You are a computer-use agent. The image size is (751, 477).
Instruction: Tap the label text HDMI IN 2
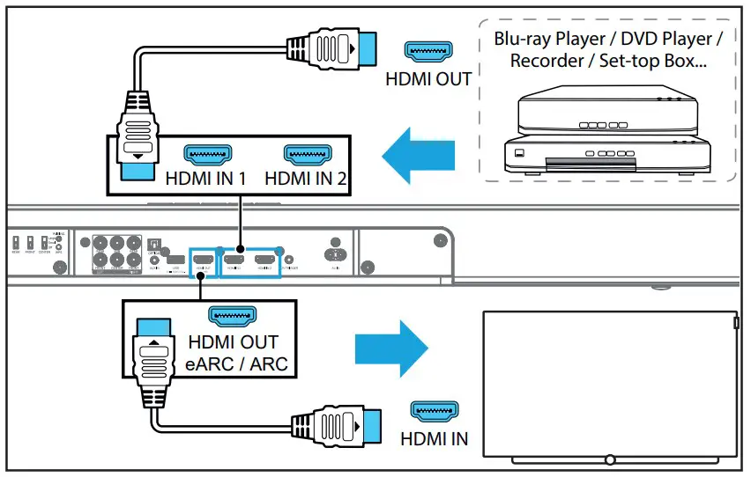point(306,179)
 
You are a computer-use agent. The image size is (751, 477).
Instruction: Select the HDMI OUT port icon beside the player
point(428,51)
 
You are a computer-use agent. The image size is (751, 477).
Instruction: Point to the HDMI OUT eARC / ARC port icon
point(231,315)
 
